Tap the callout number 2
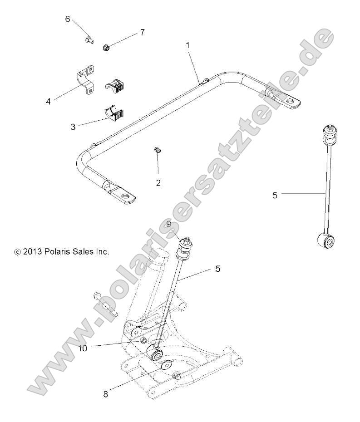(158, 183)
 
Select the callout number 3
(73, 127)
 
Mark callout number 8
(106, 394)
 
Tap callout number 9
(168, 223)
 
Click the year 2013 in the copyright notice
(33, 251)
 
